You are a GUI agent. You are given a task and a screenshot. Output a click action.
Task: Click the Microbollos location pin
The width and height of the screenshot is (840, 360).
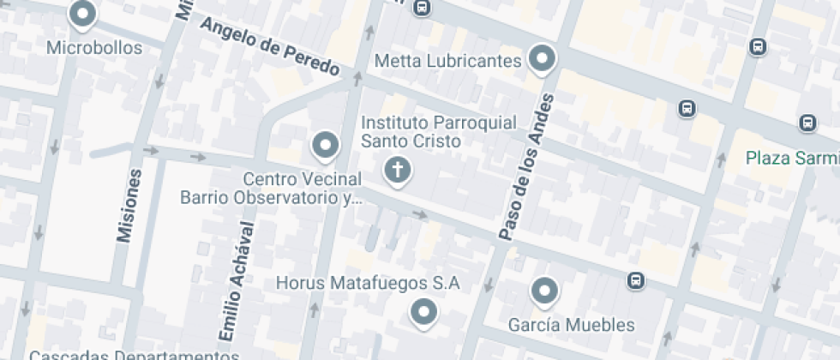(x=82, y=15)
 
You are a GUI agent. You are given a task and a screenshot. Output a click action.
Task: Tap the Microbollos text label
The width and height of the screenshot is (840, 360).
(x=94, y=48)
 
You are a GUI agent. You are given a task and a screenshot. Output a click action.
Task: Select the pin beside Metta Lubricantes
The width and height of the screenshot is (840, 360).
(x=542, y=60)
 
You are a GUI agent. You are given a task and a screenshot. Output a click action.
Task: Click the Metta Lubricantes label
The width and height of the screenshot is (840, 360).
(x=448, y=61)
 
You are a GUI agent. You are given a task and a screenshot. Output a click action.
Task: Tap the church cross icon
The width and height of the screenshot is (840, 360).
(x=397, y=171)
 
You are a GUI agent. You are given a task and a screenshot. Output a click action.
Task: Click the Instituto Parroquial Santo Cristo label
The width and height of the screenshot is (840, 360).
(x=438, y=132)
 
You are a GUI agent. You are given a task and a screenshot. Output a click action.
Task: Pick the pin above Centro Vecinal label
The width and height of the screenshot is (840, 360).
(x=325, y=146)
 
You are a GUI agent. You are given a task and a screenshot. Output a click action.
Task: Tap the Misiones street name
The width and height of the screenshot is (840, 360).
(x=128, y=206)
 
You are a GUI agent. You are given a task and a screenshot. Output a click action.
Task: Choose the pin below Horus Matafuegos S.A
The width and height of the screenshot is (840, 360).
(x=423, y=312)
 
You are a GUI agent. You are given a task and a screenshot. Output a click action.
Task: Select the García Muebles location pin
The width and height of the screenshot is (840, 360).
(x=544, y=292)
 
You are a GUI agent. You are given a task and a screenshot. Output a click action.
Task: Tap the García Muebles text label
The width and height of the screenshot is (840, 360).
(x=571, y=325)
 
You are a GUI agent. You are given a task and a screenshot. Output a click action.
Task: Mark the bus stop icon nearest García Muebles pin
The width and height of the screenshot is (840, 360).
(x=635, y=280)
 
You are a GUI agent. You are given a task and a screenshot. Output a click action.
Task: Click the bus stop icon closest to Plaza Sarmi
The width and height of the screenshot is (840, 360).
(x=807, y=123)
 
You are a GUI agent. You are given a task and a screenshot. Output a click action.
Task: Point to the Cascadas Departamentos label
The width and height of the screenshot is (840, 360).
(x=134, y=354)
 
